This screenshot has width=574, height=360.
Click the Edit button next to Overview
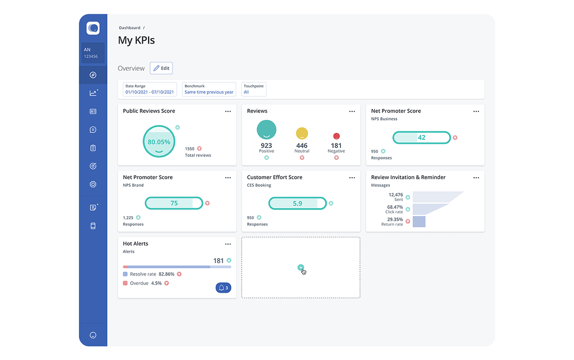tap(161, 68)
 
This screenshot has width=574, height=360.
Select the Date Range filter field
tap(150, 90)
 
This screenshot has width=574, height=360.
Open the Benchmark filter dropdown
tap(209, 90)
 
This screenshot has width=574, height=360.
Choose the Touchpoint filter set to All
tap(254, 90)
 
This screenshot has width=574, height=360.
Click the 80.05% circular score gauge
tap(159, 142)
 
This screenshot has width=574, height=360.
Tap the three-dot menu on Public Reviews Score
tap(228, 112)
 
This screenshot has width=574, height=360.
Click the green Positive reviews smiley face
tap(266, 130)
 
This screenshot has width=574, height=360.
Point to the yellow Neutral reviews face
tap(302, 134)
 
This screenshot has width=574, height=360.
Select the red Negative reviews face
tap(336, 136)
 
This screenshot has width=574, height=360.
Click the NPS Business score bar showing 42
tap(421, 137)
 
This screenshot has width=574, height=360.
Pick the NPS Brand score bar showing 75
tap(174, 203)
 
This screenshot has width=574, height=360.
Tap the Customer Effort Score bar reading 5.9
tap(297, 203)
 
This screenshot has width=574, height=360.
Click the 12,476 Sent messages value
tap(395, 195)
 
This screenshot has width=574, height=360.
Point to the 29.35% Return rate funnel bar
tap(419, 221)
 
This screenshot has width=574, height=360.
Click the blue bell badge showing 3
tap(223, 288)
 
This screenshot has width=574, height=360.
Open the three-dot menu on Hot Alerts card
tap(228, 244)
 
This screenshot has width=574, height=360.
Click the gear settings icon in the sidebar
tap(93, 184)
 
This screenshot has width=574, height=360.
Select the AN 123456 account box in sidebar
tap(93, 53)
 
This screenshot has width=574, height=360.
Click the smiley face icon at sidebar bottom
tap(93, 335)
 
